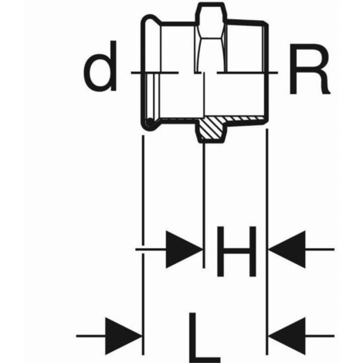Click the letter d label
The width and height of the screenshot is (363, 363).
[x=100, y=66]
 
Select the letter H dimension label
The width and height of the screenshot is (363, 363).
[x=236, y=252]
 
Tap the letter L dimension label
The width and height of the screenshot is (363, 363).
[x=205, y=338]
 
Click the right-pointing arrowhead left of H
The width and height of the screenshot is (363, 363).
[x=184, y=249]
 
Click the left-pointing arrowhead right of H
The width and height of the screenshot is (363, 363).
[x=287, y=249]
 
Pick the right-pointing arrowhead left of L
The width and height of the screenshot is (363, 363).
[x=124, y=336]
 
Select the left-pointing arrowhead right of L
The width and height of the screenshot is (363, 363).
[x=287, y=336]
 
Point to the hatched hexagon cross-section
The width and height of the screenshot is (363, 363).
[x=212, y=129]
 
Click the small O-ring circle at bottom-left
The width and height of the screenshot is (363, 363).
[x=149, y=122]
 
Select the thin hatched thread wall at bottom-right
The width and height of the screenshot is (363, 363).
[x=245, y=118]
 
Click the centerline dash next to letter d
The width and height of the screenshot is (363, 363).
[x=154, y=73]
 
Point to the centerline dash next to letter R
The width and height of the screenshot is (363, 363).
[x=247, y=73]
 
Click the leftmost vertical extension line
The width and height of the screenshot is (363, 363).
[x=143, y=245]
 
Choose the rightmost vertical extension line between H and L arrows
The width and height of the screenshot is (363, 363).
[x=267, y=242]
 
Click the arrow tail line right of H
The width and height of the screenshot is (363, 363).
[x=320, y=249]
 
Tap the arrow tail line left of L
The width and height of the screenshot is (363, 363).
[x=90, y=336]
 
